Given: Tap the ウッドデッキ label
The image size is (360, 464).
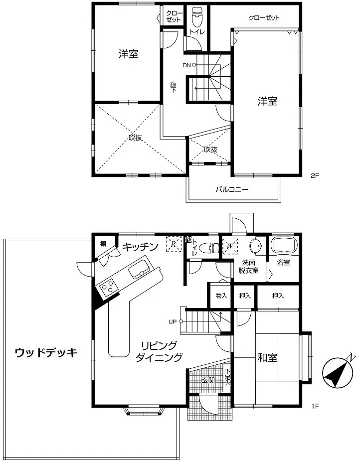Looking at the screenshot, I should point(46,353).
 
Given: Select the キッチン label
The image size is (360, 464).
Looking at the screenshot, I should point(141,246).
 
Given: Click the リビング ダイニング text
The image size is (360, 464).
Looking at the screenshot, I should point(159,351).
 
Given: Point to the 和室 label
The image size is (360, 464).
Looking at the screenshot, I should point(268,358).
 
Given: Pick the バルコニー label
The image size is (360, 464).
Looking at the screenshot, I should point(231,189).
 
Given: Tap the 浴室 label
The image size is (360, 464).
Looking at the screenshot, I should point(283,263).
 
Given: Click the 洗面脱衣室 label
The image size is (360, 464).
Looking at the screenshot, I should point(250,267).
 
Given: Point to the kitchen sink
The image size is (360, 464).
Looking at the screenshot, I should point(137,271).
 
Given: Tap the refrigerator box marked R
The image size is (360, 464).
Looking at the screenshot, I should point(173,244).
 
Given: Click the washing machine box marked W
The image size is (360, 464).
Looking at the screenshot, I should point(230,245).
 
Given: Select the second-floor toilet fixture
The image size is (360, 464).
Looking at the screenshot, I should point(196,18).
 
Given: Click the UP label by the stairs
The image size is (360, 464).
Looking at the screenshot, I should point(172,321).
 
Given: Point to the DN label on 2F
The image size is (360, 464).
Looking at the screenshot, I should point(186,65).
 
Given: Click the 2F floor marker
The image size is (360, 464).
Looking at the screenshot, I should point(314,175).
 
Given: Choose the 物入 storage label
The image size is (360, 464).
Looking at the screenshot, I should point(221,296).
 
